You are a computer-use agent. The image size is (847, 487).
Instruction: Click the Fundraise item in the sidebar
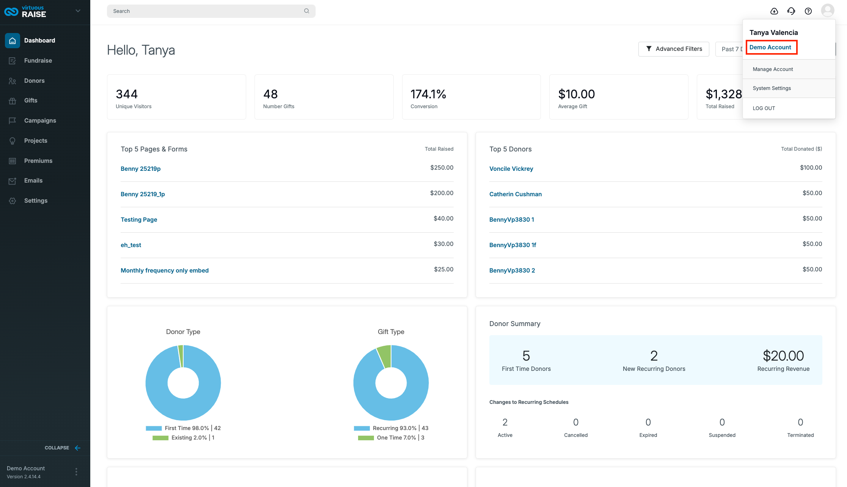pos(38,61)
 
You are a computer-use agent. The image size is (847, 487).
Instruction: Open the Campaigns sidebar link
pos(40,121)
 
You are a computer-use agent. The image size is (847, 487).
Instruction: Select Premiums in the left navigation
pos(38,161)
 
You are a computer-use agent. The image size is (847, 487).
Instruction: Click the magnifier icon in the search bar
pos(306,11)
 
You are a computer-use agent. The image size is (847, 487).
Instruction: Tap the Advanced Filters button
pos(674,49)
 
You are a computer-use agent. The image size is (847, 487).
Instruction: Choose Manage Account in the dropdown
pos(773,69)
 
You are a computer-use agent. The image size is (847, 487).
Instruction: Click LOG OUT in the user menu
pos(764,108)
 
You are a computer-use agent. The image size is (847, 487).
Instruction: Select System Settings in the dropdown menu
pos(772,88)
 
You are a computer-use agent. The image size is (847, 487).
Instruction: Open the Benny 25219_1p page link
pos(143,194)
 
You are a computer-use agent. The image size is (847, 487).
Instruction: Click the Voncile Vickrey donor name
pos(511,169)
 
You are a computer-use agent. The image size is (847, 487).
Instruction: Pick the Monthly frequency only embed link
pos(165,270)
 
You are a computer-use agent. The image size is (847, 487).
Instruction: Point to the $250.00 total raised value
pos(442,167)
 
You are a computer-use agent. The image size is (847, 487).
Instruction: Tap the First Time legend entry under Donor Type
pos(183,428)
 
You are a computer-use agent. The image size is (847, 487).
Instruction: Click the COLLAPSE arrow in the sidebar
pos(77,448)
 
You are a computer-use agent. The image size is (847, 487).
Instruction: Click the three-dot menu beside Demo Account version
pos(76,472)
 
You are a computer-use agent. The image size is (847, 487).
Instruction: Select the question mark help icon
pos(808,11)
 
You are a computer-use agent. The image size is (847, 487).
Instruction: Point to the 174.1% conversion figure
pos(428,94)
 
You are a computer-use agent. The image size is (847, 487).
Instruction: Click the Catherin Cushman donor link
pos(515,194)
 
